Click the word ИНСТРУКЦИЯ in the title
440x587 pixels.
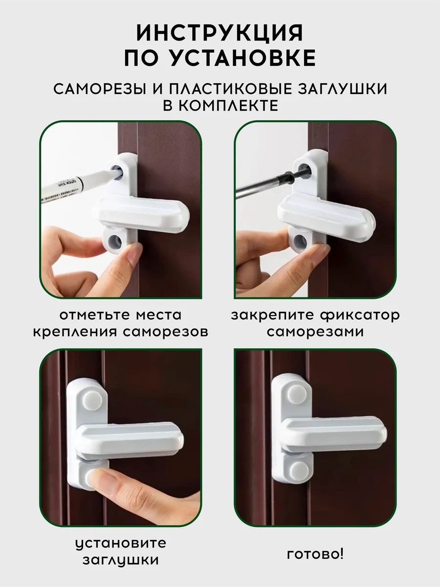[x=220, y=33]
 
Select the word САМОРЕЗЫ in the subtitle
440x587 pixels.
[x=100, y=89]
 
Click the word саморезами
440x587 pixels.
[x=315, y=332]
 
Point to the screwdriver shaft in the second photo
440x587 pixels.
[x=270, y=182]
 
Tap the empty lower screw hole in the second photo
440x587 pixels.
[x=301, y=240]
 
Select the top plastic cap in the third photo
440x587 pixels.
[x=92, y=401]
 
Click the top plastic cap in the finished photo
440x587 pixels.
[x=297, y=395]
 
